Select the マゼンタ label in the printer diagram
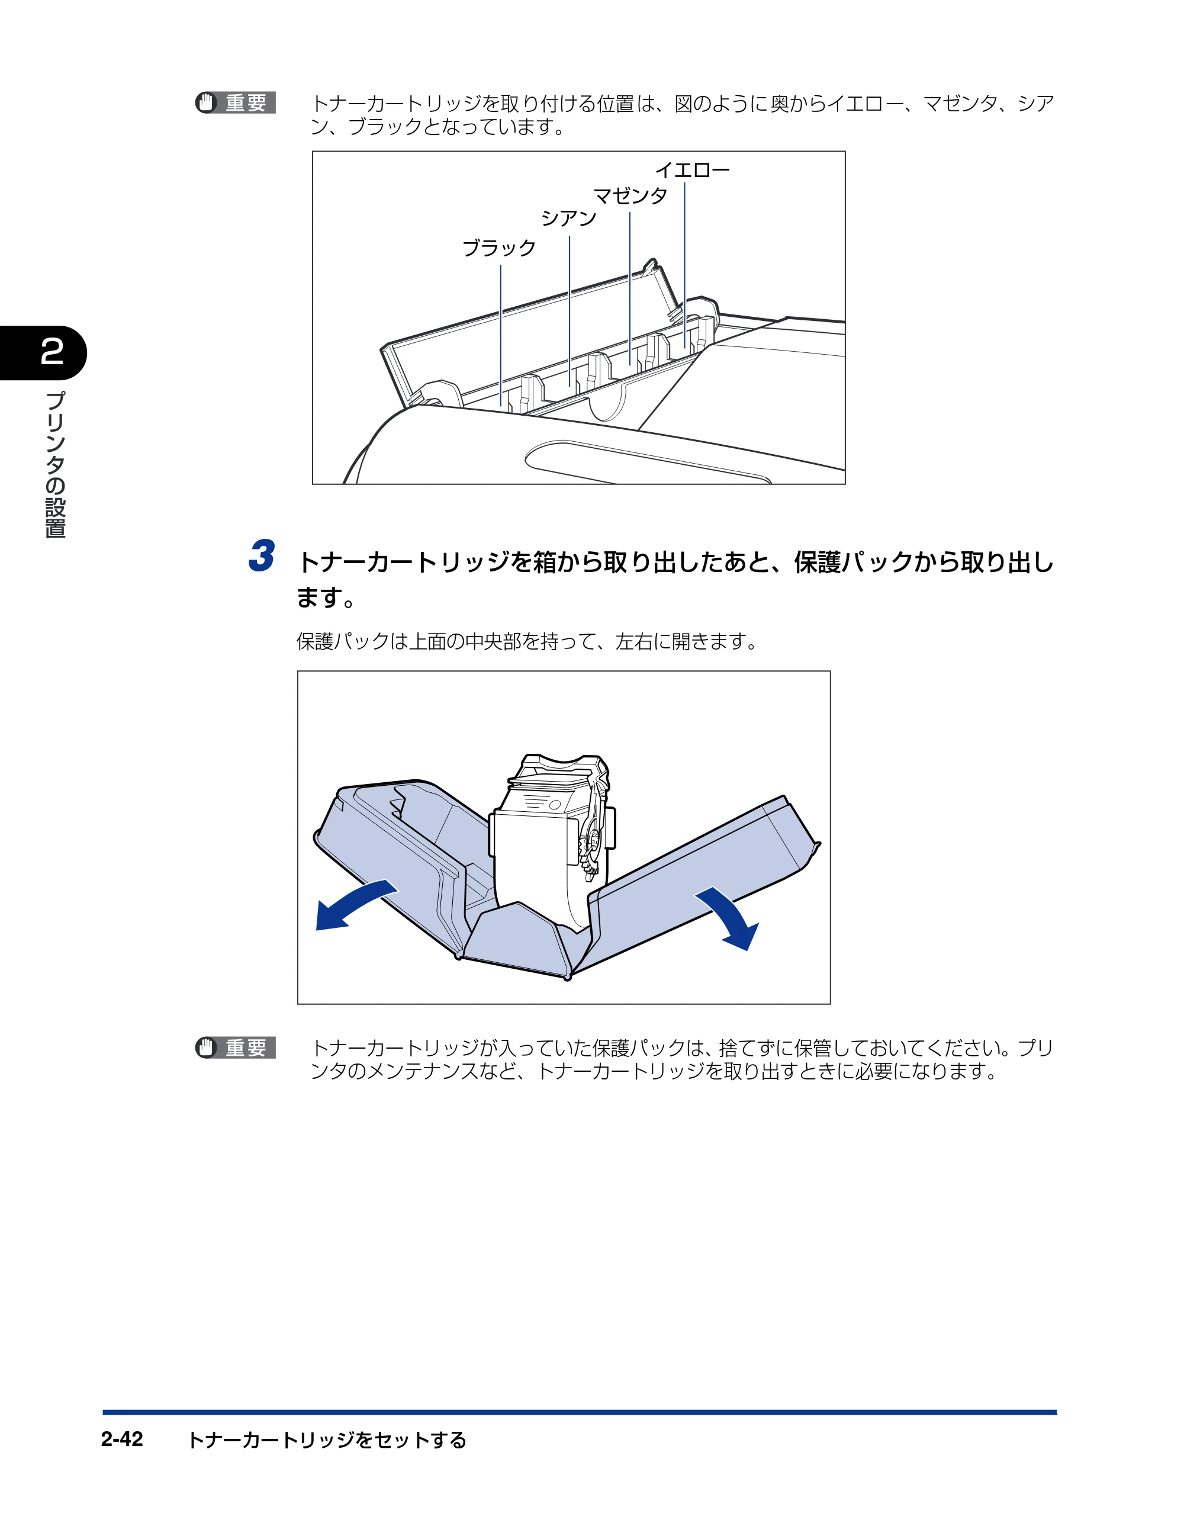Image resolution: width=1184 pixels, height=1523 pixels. coord(630,195)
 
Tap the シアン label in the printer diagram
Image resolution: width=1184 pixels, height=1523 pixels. coord(569,219)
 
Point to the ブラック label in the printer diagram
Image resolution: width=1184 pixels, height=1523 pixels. coord(499,248)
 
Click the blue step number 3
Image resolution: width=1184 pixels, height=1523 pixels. coord(262,556)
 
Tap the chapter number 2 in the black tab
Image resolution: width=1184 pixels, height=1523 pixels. coord(52,352)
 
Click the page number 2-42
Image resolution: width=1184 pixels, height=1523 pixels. coord(122,1439)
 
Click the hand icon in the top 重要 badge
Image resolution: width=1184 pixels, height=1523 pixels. coord(205,102)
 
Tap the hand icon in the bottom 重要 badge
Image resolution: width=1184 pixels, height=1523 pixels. coord(205,1048)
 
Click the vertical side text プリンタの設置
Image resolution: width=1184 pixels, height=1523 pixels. coord(55,464)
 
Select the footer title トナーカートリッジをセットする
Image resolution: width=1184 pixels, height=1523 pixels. coord(327,1440)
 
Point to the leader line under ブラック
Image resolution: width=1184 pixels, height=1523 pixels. coord(501,335)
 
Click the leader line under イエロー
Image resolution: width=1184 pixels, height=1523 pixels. coord(685,265)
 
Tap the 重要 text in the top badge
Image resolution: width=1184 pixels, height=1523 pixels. coord(246,102)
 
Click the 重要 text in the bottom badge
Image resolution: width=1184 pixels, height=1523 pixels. coord(246,1048)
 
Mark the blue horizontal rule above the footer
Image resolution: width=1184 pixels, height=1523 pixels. coord(580,1412)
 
